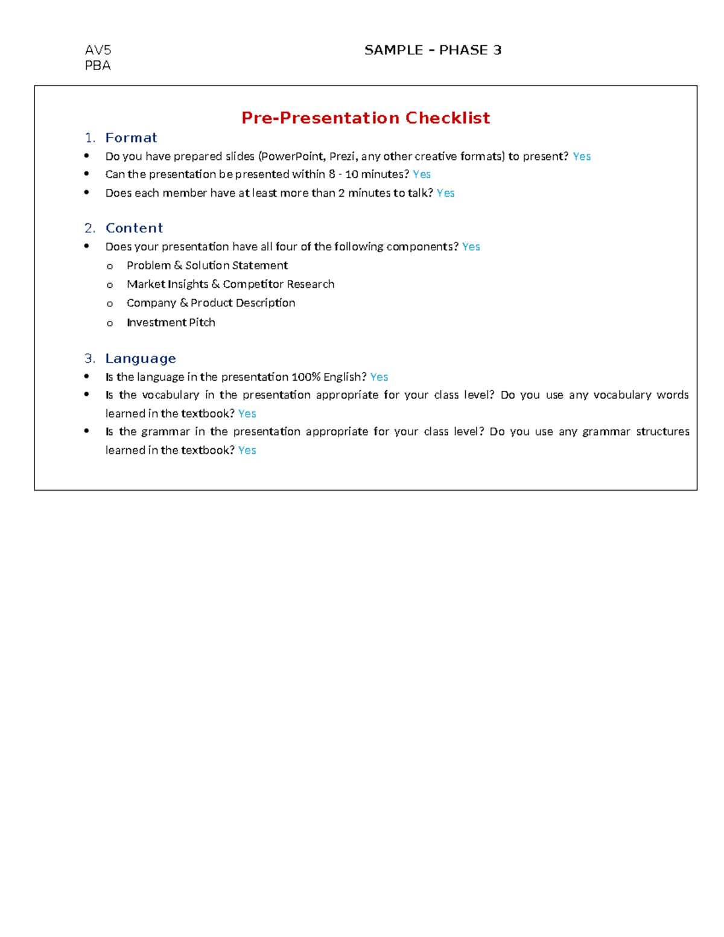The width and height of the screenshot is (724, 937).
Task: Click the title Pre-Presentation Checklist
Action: point(366,118)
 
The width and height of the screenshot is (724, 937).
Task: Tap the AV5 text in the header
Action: point(98,50)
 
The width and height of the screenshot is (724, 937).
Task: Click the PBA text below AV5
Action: point(98,66)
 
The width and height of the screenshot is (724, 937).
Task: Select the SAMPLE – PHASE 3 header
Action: point(433,50)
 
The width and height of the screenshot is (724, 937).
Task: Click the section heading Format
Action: point(131,138)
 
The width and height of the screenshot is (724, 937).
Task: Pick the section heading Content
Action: point(134,228)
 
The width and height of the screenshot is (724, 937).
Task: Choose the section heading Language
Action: point(141,358)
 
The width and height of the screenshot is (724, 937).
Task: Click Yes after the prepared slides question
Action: point(582,157)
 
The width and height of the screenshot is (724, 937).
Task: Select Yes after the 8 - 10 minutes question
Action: point(422,174)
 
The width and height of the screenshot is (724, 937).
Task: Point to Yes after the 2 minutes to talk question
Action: point(445,193)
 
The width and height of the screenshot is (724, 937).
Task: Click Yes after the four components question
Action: point(471,247)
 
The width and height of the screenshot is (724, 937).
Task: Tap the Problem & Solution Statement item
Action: point(207,265)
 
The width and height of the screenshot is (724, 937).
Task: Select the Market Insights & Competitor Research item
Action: point(230,284)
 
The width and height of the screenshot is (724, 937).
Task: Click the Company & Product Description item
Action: point(211,303)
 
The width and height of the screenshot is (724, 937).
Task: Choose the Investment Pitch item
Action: point(171,323)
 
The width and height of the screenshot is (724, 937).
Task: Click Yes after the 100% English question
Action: point(379,377)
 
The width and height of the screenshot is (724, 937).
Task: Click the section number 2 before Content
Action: point(89,228)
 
